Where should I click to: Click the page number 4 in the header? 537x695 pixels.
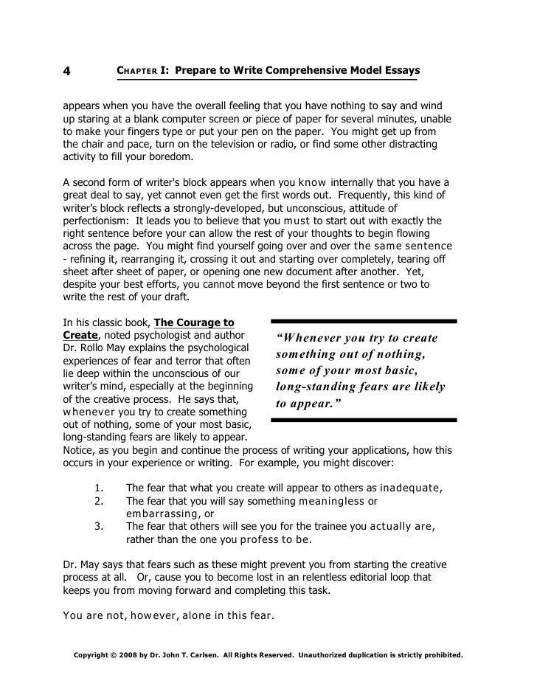point(66,72)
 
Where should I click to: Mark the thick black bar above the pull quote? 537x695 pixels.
point(364,321)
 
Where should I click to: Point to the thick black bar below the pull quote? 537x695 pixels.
point(364,420)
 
